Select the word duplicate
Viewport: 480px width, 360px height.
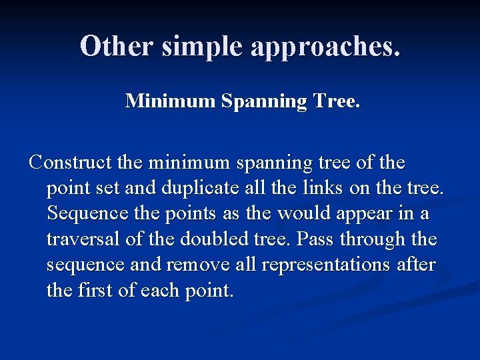196,189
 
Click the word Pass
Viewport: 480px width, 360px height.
315,239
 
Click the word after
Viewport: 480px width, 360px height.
417,265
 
